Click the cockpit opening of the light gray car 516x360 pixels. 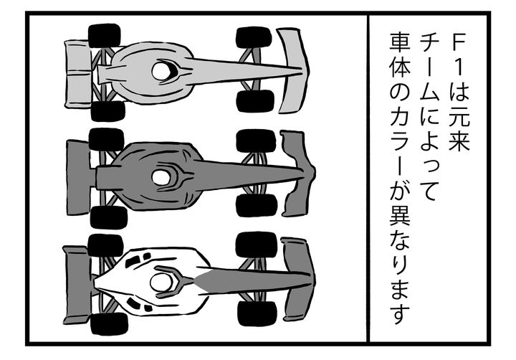(161, 71)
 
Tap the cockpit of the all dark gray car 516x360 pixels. (161, 178)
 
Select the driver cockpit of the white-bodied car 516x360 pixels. (161, 283)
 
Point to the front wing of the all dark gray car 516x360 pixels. (299, 174)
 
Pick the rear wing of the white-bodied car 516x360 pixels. (77, 285)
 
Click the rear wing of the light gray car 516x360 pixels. (77, 73)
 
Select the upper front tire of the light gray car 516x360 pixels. (254, 37)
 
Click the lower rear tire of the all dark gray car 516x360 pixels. (109, 217)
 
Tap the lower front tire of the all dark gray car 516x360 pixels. (257, 205)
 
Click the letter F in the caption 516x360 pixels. (459, 43)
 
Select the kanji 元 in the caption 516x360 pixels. (459, 117)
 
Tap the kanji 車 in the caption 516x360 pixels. (400, 42)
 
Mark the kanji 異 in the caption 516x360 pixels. (400, 217)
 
